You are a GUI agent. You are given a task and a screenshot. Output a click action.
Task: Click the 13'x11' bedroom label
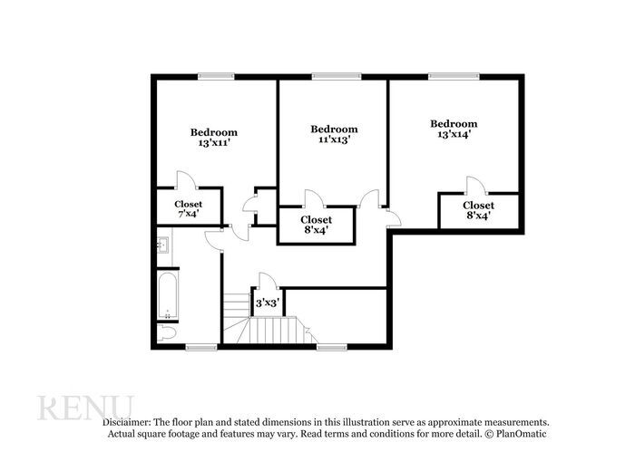click(213, 137)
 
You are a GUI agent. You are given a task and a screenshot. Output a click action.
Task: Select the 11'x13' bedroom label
click(334, 134)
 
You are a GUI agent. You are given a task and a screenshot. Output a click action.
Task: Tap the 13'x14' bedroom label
click(454, 129)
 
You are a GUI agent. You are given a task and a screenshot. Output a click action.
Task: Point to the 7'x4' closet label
click(188, 209)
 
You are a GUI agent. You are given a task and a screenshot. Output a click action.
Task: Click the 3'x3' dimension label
click(267, 303)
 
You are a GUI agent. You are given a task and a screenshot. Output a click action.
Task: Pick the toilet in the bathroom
click(166, 333)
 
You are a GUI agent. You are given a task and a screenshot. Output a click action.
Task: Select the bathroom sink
click(164, 244)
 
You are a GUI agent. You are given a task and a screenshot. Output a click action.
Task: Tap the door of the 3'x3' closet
click(268, 280)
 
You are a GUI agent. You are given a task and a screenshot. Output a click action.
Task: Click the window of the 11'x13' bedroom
click(336, 76)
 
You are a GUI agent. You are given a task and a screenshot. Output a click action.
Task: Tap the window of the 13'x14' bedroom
click(454, 76)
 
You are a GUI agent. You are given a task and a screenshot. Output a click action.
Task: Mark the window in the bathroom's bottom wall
click(200, 347)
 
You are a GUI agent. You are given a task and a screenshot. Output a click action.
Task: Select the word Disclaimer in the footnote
click(125, 422)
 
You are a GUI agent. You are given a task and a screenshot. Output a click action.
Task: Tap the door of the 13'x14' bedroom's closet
click(474, 185)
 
